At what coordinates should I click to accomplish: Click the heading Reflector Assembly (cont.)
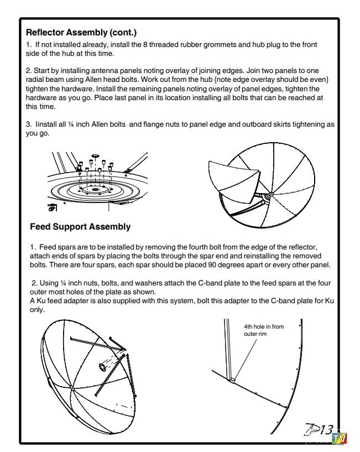point(81,33)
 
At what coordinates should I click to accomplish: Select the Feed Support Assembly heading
point(80,227)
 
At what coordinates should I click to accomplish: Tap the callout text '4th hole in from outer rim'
point(263,330)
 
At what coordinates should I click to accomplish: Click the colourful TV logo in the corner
point(339,439)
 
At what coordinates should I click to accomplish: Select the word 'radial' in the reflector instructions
point(37,80)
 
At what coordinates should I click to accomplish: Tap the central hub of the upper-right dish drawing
point(270,194)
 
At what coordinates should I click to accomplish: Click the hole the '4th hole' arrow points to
point(233,380)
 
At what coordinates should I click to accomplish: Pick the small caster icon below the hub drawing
point(52,207)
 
